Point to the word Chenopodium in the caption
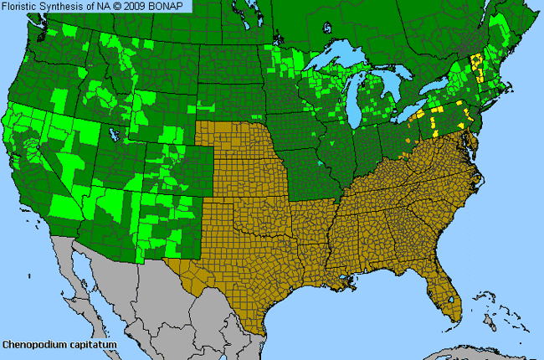pos(31,344)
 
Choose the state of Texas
pos(243,260)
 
